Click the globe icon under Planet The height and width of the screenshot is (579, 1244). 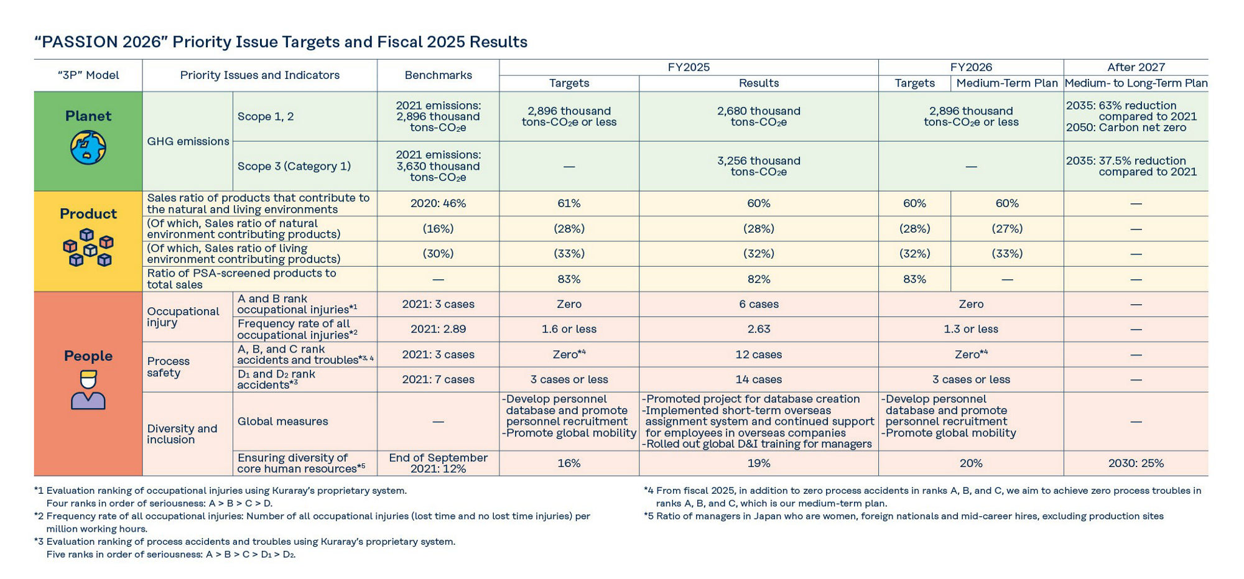[88, 147]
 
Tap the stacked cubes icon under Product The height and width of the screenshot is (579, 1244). [88, 248]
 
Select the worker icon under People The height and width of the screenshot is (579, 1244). [88, 389]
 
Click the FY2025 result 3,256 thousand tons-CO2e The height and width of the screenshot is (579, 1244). [758, 166]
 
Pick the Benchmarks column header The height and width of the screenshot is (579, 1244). [438, 75]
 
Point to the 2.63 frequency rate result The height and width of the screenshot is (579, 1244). [758, 329]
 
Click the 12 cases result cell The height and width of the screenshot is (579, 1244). [758, 354]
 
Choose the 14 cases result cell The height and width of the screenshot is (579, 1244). [758, 379]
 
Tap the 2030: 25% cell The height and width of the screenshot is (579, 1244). [1136, 463]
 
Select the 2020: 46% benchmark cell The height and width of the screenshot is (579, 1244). [438, 203]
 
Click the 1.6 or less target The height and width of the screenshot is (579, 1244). [569, 329]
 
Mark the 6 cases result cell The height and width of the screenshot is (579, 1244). [758, 304]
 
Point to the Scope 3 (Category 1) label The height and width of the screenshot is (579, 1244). [294, 166]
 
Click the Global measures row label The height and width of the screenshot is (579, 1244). [282, 421]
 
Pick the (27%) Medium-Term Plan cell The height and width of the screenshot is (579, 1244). [1007, 229]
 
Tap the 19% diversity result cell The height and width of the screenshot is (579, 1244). [758, 463]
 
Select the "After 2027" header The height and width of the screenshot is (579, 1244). [1136, 67]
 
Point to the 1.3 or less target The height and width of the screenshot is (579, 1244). [971, 329]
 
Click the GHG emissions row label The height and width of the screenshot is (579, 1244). [188, 141]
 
